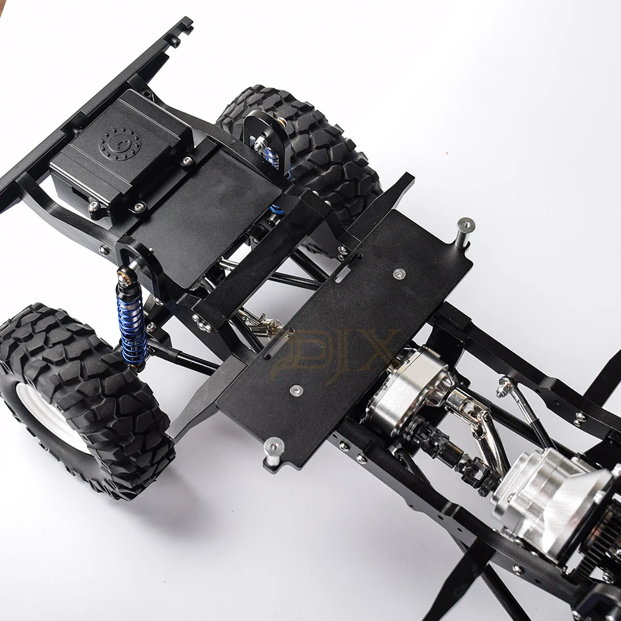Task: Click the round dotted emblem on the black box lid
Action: (120, 143)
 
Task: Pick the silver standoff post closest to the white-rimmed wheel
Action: (273, 450)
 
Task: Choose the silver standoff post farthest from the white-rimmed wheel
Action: (465, 230)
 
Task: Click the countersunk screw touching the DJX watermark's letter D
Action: (297, 389)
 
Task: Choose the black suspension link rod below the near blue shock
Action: (180, 360)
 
